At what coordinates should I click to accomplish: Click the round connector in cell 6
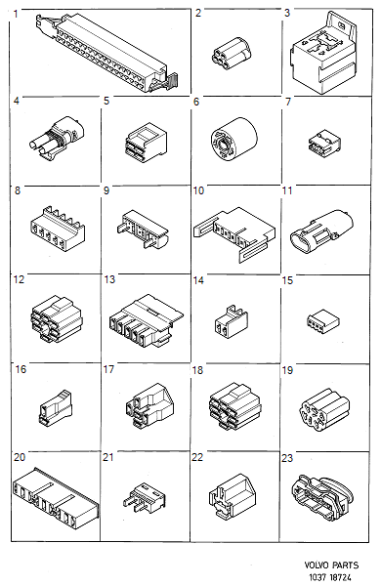point(232,142)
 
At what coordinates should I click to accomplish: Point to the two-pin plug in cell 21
point(142,495)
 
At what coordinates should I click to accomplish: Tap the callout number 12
point(18,281)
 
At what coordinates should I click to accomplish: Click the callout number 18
point(198,370)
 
